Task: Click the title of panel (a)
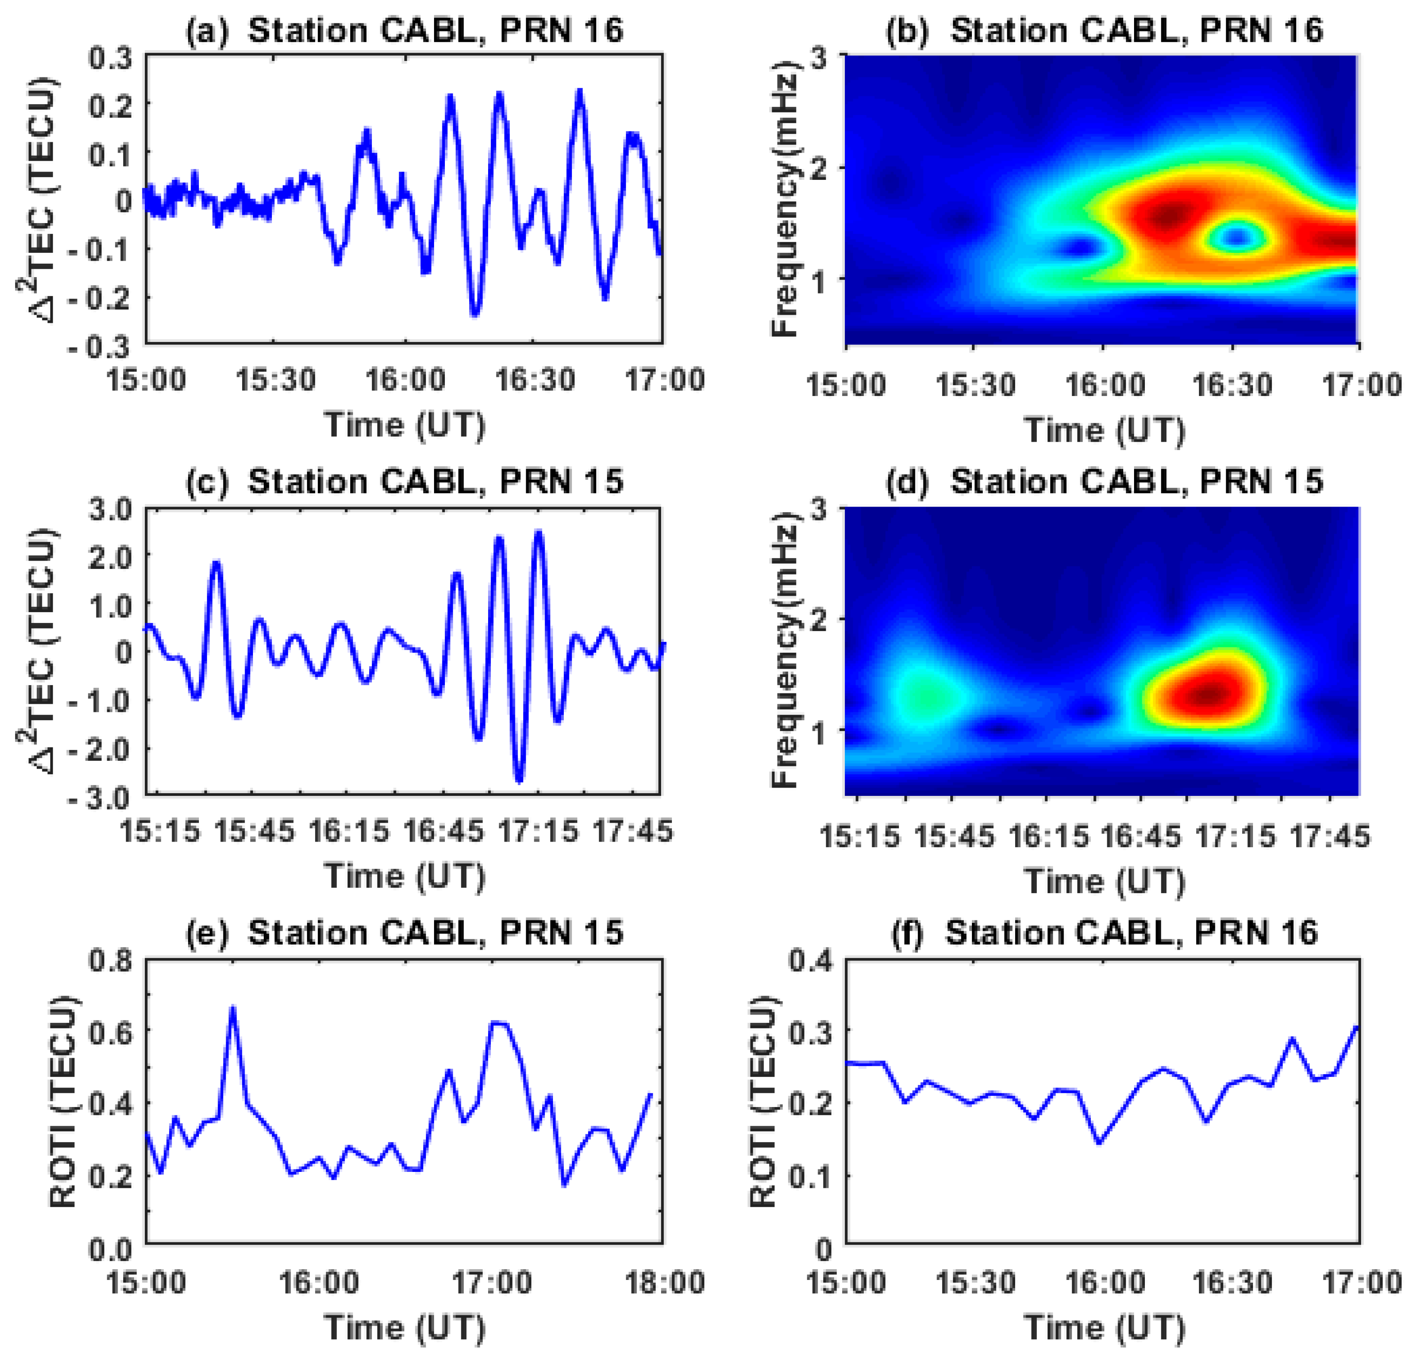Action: click(x=404, y=30)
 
